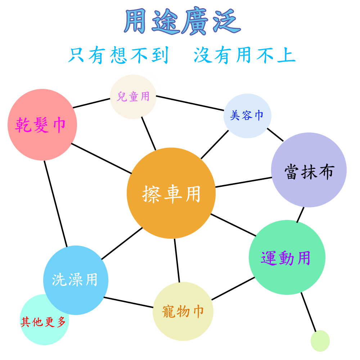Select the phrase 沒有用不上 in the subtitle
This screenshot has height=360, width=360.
tap(244, 55)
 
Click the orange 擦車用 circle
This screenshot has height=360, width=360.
tap(171, 193)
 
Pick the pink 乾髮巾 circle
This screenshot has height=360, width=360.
tap(42, 125)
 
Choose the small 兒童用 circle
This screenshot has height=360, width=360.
tap(133, 96)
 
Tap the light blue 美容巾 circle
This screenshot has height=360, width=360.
tap(248, 116)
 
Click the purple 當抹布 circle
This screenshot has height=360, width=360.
tap(309, 170)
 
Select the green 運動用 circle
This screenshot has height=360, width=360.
tap(287, 257)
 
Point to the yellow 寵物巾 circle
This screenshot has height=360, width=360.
tap(183, 311)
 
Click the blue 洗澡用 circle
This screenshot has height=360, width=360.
tap(76, 280)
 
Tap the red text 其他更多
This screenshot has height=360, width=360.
tap(43, 321)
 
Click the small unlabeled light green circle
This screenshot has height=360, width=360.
tap(320, 341)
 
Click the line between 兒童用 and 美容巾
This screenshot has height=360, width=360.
tap(190, 103)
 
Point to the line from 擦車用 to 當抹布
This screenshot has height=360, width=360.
tap(244, 182)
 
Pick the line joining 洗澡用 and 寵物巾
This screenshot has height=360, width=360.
tap(129, 302)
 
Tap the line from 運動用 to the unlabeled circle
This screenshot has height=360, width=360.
tap(309, 312)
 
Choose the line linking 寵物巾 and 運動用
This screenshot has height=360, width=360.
tap(233, 289)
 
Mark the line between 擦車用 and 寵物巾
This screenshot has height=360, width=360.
tap(177, 261)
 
